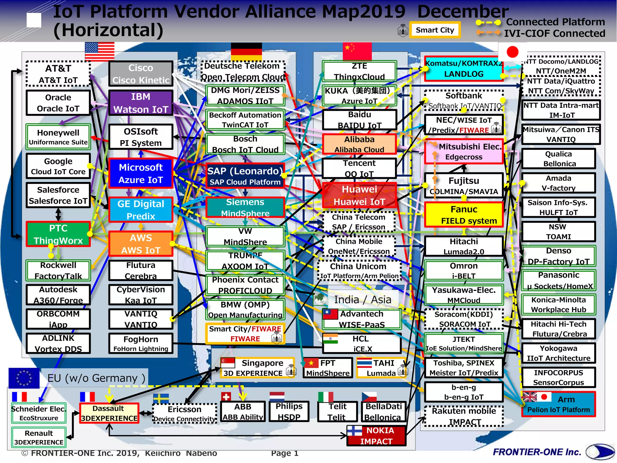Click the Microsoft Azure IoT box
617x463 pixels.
pos(141,173)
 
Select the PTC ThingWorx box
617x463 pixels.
pos(58,234)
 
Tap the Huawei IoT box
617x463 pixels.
pos(359,195)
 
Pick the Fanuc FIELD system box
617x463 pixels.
pos(464,215)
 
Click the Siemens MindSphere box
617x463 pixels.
pos(245,207)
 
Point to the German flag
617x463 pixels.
pos(246,51)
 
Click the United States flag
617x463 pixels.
pos(100,51)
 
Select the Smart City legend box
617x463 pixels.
pos(435,30)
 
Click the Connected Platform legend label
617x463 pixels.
pos(555,22)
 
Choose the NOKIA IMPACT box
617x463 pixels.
pos(377,436)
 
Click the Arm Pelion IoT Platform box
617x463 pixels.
pos(559,404)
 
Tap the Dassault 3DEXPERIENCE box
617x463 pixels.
pos(109,413)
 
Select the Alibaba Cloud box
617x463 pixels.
pos(359,144)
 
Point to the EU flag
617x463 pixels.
pos(24,378)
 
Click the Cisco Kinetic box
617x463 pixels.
pos(141,74)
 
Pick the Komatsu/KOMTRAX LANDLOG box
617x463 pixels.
pos(464,69)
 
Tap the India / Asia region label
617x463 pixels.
pos(362,300)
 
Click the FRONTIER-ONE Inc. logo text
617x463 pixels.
pos(537,452)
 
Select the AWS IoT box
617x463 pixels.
pos(141,244)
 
